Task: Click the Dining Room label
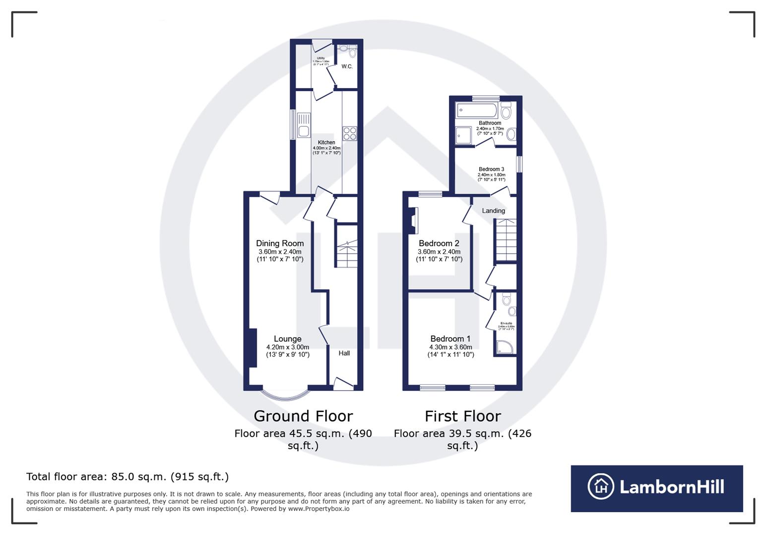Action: coord(280,243)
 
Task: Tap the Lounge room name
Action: coord(287,339)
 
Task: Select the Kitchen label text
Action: coord(326,143)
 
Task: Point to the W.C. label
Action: coord(347,66)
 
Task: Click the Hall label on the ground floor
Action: coord(344,353)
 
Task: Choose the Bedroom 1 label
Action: coord(450,339)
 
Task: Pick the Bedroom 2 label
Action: coord(439,243)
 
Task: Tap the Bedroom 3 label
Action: coord(491,169)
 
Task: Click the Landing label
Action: coord(494,211)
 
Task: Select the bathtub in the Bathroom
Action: coord(477,110)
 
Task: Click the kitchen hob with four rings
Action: coord(349,134)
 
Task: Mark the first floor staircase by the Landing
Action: coord(506,240)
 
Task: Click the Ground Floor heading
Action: coord(303,416)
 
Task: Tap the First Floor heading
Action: coord(462,416)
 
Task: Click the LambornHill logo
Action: coord(656,488)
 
